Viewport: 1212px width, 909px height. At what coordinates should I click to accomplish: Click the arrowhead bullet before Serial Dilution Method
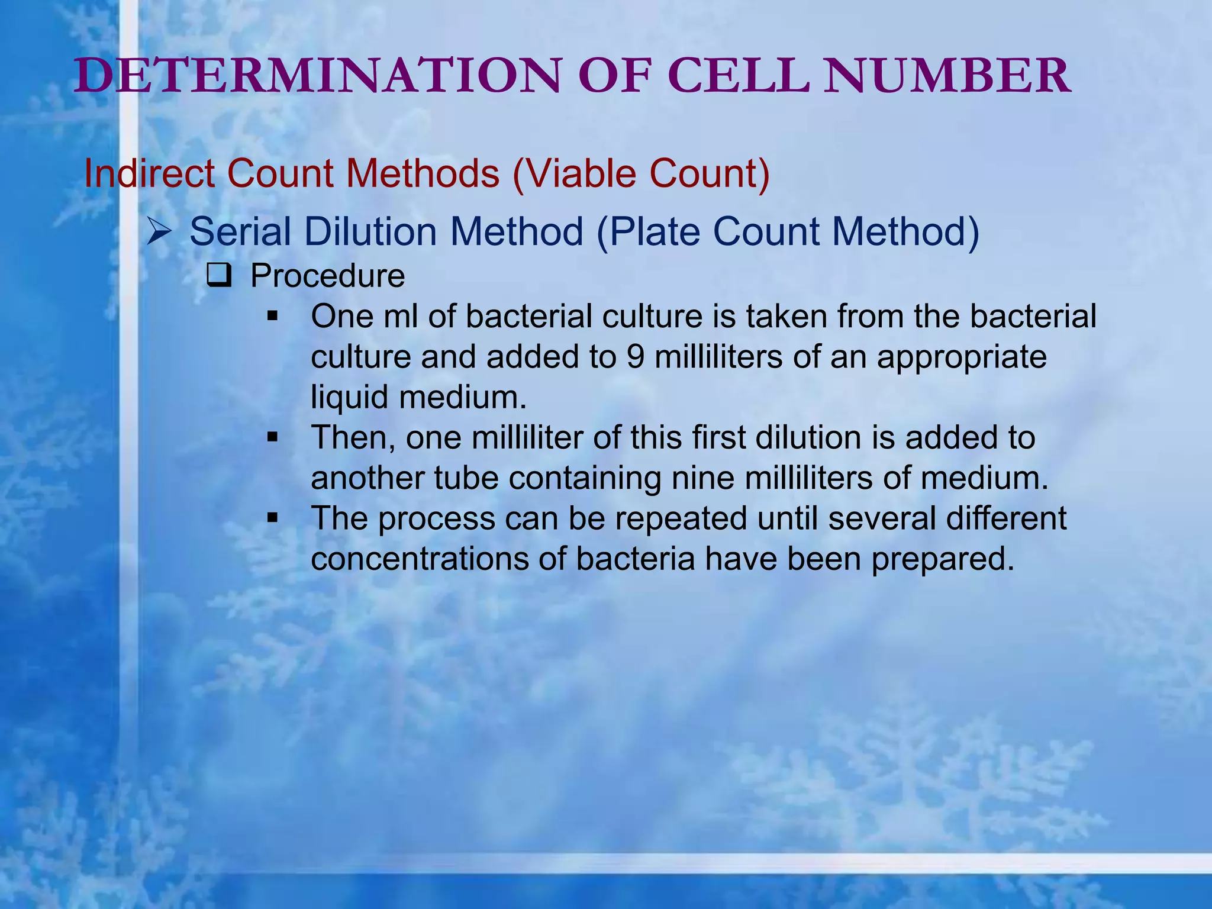click(x=159, y=232)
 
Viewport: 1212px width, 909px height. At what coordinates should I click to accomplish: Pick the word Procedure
click(x=327, y=276)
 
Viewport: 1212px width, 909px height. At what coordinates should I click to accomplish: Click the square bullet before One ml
click(x=272, y=316)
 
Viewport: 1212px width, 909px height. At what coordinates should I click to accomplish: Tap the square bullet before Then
click(x=272, y=437)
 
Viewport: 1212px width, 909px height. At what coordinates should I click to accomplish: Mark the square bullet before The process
click(x=272, y=518)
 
